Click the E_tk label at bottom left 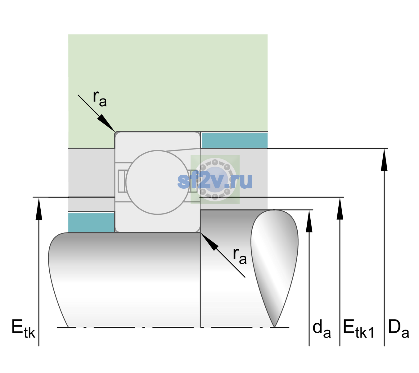pos(23,329)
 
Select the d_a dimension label pos(322,329)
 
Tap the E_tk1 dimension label pos(358,329)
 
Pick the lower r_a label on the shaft pos(240,256)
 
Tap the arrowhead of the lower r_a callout pos(209,242)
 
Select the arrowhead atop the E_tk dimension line pos(39,208)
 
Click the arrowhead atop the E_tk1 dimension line pos(340,208)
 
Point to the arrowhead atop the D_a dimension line pos(384,159)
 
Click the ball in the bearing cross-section pos(158,182)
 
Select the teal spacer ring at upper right pos(235,140)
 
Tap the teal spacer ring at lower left pos(92,223)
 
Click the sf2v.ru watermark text pos(215,181)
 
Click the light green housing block pos(168,83)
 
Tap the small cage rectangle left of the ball pos(121,181)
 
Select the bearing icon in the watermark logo pos(215,180)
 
